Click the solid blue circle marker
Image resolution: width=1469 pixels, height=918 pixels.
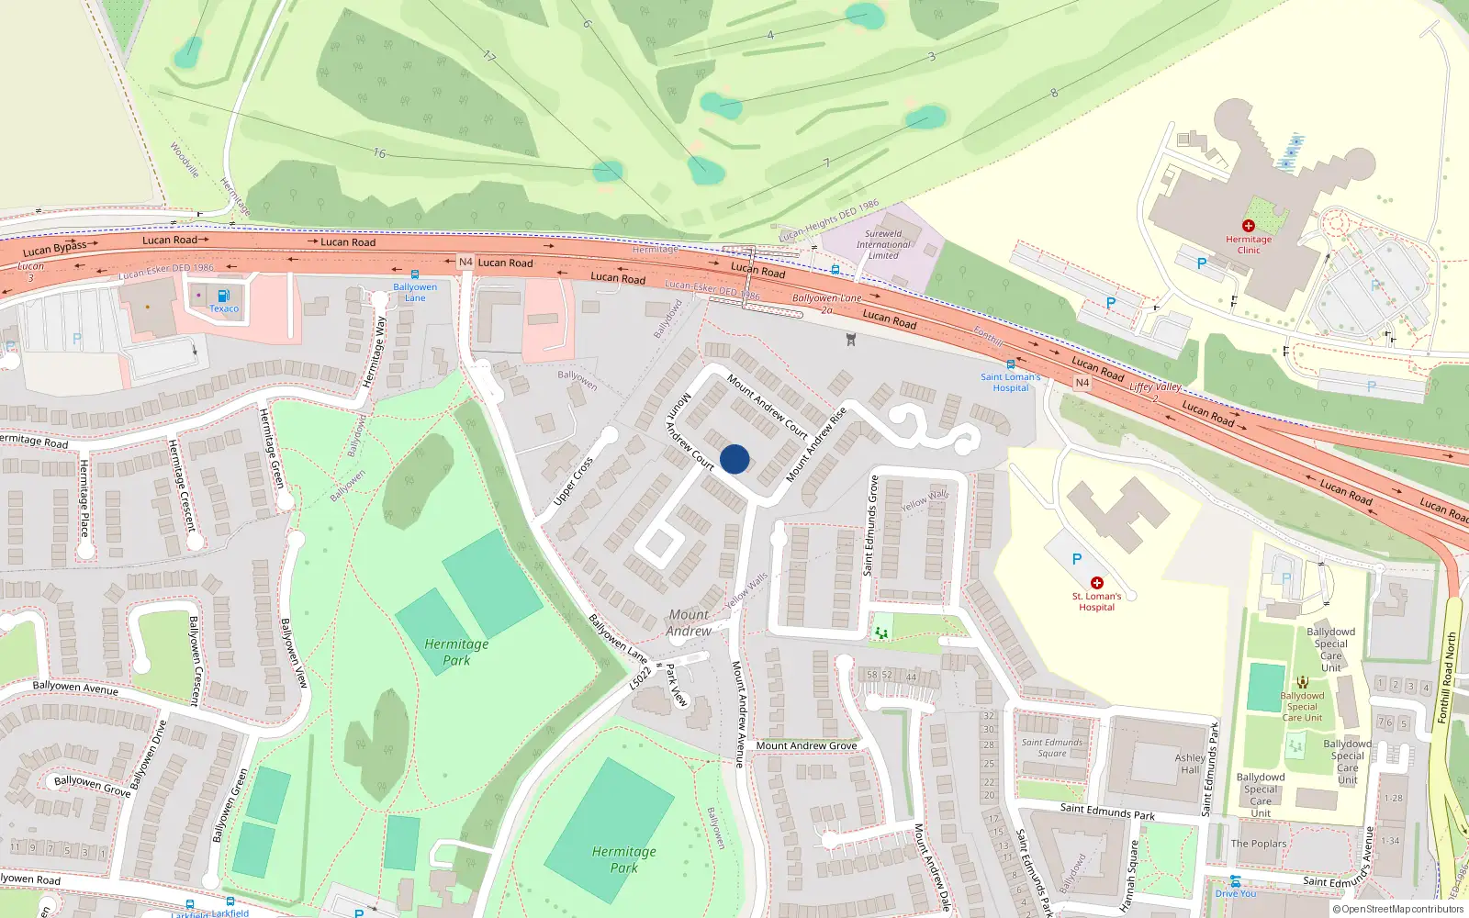(734, 459)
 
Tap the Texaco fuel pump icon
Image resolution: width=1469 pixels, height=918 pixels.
(223, 296)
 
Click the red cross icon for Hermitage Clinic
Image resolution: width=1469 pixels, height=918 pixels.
(1248, 226)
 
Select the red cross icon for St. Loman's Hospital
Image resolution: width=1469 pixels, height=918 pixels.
(1096, 583)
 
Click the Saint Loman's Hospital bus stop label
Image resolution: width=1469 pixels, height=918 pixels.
(1010, 382)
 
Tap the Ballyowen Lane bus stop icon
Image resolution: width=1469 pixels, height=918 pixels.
(415, 274)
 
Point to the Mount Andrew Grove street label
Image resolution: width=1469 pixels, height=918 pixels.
(806, 745)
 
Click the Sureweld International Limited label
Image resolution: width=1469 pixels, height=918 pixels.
(883, 244)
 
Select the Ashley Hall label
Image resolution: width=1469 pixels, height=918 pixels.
(1190, 764)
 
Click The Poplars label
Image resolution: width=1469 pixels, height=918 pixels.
(1258, 844)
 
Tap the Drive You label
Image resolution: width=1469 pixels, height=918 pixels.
(1236, 893)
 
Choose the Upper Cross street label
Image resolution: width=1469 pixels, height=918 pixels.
(573, 481)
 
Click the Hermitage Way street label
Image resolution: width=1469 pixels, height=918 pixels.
(375, 352)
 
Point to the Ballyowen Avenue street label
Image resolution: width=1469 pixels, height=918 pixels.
(75, 687)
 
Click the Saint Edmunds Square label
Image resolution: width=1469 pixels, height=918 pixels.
(1052, 747)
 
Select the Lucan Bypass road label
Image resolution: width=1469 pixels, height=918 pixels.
(54, 248)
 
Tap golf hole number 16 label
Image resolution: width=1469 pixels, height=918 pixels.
(379, 153)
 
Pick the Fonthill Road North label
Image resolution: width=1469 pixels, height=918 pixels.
(1446, 677)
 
